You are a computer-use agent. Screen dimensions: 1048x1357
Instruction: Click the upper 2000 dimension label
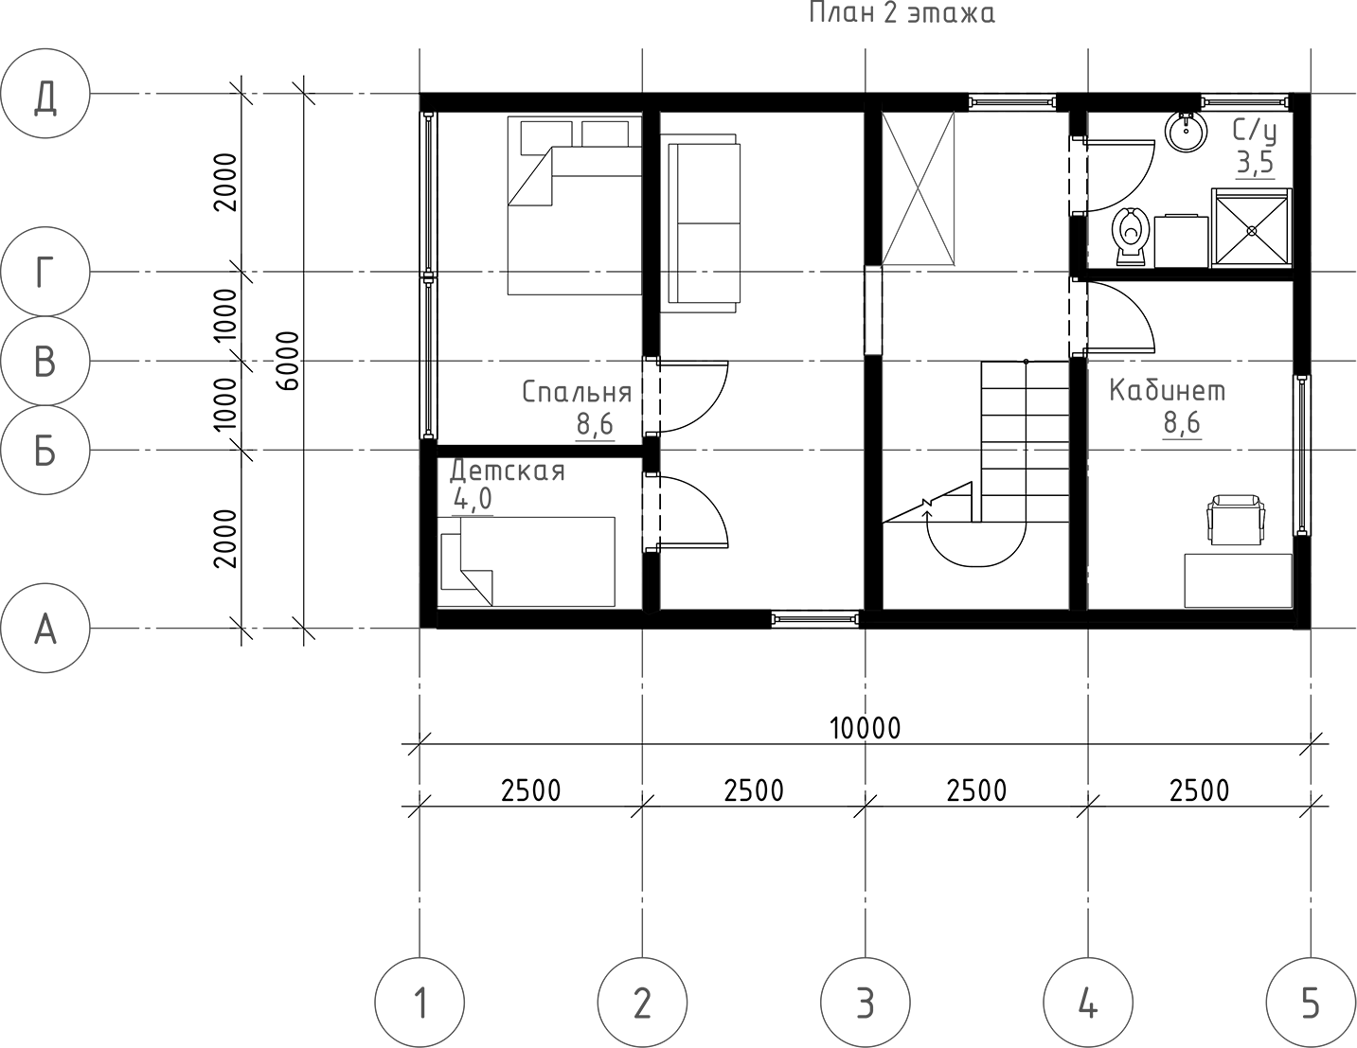point(224,182)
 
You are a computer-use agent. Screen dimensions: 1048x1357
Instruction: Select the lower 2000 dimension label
point(224,538)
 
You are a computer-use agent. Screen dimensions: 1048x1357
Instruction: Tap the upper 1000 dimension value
point(224,316)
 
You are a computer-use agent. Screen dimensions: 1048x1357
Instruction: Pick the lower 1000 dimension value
point(224,405)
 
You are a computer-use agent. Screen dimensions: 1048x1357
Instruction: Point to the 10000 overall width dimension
point(865,727)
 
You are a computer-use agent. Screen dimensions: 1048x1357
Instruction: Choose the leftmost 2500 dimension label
point(531,790)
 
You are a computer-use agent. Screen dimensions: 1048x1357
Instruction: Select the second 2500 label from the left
point(754,790)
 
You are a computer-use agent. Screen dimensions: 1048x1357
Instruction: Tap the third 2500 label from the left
point(976,790)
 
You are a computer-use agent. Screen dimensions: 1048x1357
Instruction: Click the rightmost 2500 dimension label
point(1199,790)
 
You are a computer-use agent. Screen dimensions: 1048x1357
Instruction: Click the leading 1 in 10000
point(835,727)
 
